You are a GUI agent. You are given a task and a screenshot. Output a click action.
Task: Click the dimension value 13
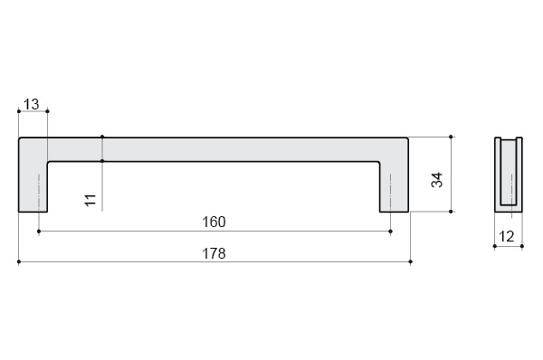[32, 104]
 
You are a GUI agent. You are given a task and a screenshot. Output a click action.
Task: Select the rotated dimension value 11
[90, 200]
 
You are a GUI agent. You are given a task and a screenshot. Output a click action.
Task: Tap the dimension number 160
[214, 222]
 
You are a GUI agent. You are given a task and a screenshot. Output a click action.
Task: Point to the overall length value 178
[214, 253]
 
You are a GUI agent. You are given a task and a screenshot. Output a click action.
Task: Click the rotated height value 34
[437, 180]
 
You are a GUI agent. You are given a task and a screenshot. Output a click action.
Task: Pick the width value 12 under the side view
[506, 236]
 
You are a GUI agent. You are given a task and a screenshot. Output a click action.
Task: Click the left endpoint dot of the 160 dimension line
[39, 232]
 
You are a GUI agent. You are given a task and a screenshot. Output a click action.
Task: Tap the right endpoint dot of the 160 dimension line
[391, 232]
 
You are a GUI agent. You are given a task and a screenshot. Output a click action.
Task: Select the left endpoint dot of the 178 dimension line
[19, 262]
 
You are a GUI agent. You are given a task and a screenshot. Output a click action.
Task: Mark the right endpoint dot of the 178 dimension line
[410, 262]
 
